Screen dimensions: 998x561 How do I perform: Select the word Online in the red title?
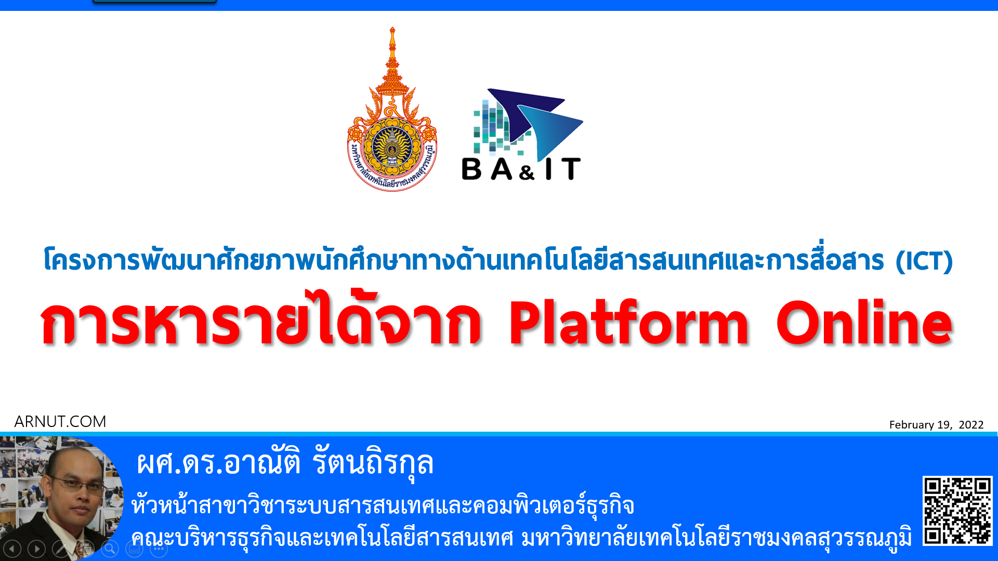pos(864,322)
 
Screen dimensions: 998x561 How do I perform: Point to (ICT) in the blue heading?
pos(924,261)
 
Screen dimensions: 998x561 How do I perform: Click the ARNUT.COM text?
pos(60,421)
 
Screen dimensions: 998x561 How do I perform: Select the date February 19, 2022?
pos(936,425)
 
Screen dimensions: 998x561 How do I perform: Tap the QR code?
pos(957,511)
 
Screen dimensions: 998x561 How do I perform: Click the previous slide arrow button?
pos(12,549)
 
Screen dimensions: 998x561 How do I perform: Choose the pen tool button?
pos(61,549)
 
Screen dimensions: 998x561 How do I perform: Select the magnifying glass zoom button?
pos(110,549)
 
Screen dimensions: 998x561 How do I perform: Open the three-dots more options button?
pos(159,549)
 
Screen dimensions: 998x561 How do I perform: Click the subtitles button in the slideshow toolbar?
pos(134,549)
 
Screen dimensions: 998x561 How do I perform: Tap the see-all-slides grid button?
pos(85,549)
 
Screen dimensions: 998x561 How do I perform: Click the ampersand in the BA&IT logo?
pos(527,172)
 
